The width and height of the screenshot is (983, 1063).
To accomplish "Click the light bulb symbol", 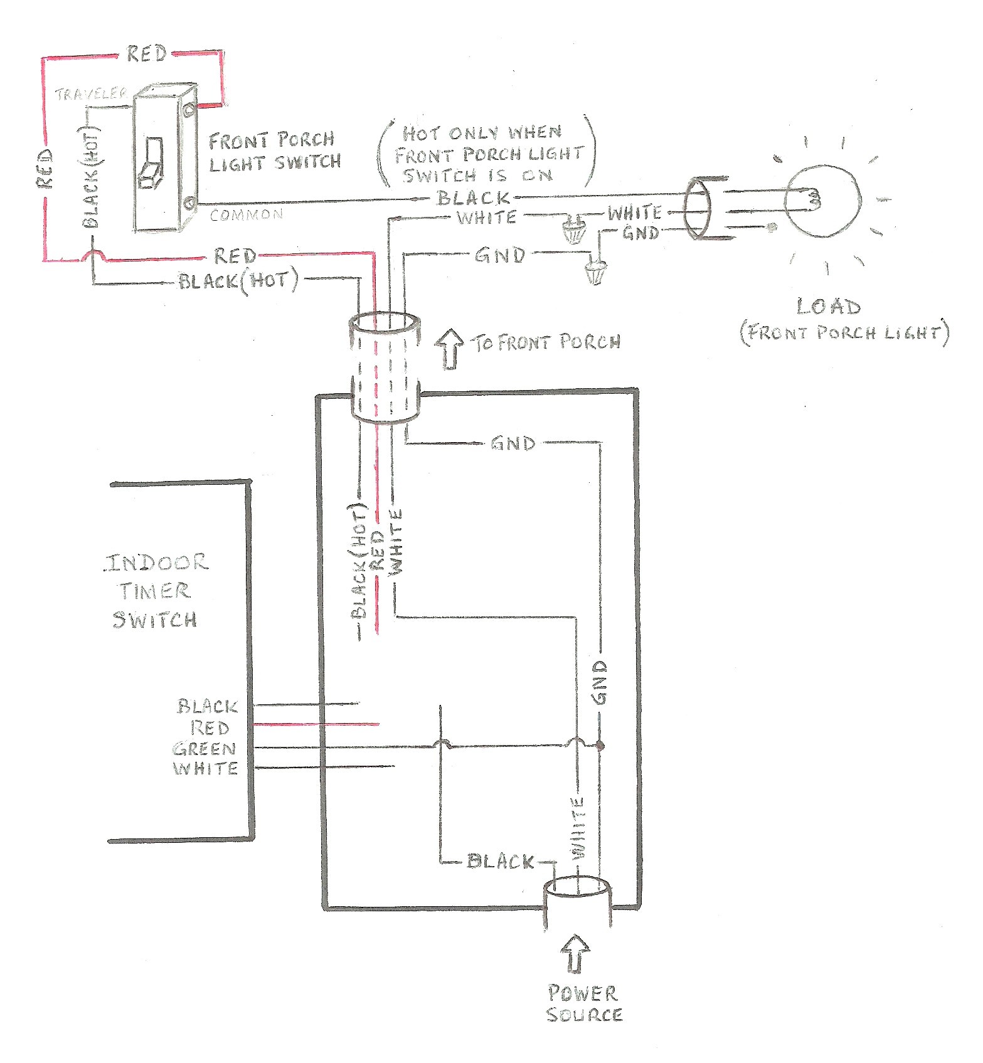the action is tap(823, 202).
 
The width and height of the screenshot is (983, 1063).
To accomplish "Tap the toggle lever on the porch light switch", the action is tap(151, 163).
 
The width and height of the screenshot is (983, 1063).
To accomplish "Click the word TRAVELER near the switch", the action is tap(92, 95).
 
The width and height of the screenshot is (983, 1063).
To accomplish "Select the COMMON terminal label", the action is tap(246, 215).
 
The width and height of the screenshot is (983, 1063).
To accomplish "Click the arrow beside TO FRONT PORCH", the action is tap(449, 349).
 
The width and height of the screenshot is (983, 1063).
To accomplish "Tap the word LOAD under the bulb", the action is tap(828, 307).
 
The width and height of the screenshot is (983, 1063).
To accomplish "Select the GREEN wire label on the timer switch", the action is tap(204, 749).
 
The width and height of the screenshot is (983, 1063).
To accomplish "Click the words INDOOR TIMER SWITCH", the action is tap(156, 591).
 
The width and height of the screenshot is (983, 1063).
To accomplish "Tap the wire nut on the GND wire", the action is tap(595, 271).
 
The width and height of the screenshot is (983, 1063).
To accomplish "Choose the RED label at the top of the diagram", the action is tap(147, 54).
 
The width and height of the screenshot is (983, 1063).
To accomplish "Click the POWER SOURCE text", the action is tap(583, 1004).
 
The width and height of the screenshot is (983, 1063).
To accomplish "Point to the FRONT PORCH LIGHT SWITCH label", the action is tap(274, 152).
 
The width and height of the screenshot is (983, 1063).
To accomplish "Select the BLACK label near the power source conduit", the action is tap(501, 861).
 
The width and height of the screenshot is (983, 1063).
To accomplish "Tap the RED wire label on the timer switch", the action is tap(210, 728).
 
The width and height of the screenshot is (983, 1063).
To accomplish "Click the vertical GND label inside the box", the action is tap(600, 682).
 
